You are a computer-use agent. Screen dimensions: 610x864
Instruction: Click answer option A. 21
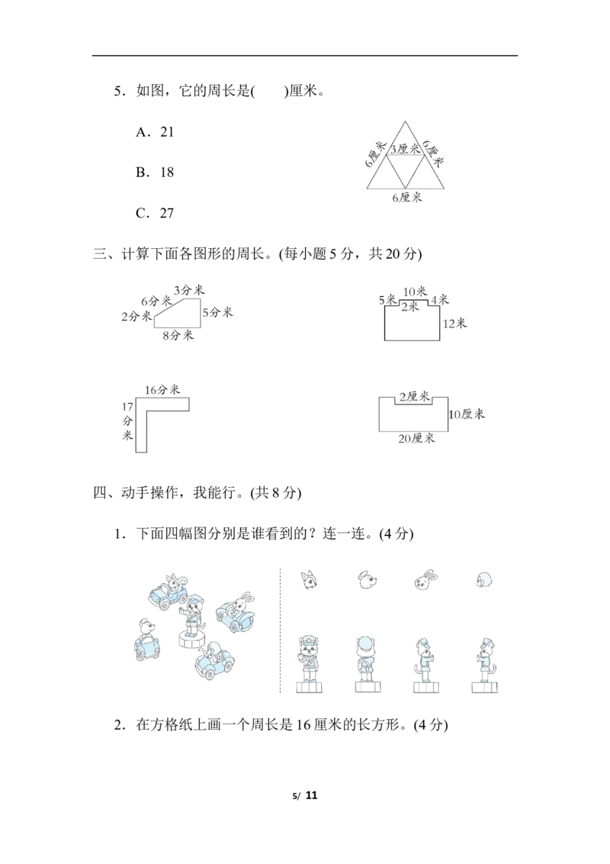155,132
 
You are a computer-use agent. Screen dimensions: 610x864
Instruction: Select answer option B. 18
155,172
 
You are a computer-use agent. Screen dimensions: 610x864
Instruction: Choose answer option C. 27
155,213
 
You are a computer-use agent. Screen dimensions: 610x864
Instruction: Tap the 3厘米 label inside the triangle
406,149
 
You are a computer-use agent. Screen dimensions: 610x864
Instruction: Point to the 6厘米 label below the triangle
407,197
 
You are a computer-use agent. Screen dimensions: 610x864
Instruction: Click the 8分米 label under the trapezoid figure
178,335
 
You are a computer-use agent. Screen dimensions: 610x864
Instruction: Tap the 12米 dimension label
454,324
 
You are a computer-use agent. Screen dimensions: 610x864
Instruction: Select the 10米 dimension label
415,292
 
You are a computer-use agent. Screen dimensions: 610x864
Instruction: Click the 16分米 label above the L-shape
162,390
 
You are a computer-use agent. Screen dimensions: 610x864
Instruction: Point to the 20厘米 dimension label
417,439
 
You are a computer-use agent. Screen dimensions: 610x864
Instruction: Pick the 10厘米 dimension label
467,414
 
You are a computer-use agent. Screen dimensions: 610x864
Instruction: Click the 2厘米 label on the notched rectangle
415,397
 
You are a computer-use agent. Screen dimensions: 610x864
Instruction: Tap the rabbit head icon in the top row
425,579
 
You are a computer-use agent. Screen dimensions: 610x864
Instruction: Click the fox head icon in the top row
310,579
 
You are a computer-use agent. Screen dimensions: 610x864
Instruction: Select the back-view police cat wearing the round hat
368,664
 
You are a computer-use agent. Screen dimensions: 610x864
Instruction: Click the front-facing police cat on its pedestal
309,664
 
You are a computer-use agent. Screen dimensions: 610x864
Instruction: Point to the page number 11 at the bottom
312,795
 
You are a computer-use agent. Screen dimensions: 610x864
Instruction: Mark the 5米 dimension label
388,300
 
